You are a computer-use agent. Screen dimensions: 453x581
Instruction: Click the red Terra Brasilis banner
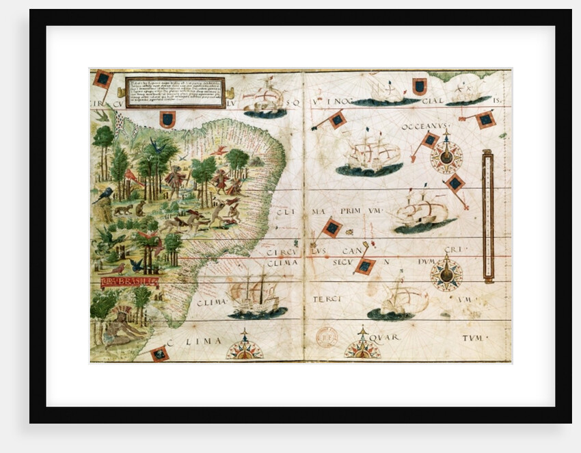tap(129, 281)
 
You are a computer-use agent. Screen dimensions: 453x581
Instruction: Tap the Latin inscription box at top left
tap(176, 92)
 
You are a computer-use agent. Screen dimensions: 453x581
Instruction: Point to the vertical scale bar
tap(487, 216)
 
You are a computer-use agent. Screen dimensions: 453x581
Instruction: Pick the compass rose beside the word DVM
tap(446, 274)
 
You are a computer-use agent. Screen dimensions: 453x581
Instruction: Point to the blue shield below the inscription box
tap(167, 120)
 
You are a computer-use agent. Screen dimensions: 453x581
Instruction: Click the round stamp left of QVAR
tap(327, 337)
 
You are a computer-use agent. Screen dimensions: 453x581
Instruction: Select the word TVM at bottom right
tap(474, 338)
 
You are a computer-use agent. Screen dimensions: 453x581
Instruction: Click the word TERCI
tap(326, 300)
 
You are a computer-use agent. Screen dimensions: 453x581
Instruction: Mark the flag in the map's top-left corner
tap(103, 79)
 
